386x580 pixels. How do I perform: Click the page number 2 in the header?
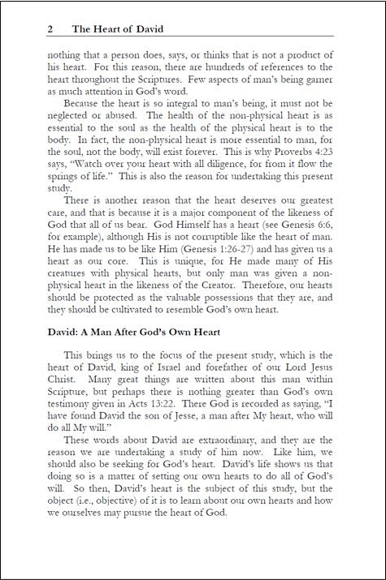(50, 28)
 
